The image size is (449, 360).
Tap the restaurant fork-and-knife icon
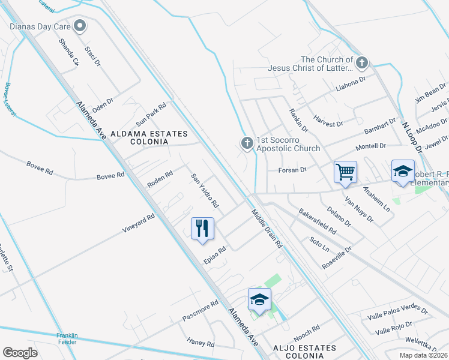(x=202, y=229)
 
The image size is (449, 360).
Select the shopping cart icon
(x=345, y=172)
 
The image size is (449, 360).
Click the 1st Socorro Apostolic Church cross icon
(x=246, y=143)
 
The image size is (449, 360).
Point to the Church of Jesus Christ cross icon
(x=361, y=62)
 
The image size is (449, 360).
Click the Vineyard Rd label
(x=139, y=224)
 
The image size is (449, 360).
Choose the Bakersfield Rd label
(x=318, y=221)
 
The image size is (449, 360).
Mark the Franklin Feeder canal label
(x=67, y=338)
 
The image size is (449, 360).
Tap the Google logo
(x=20, y=353)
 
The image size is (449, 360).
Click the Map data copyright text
(x=423, y=355)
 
